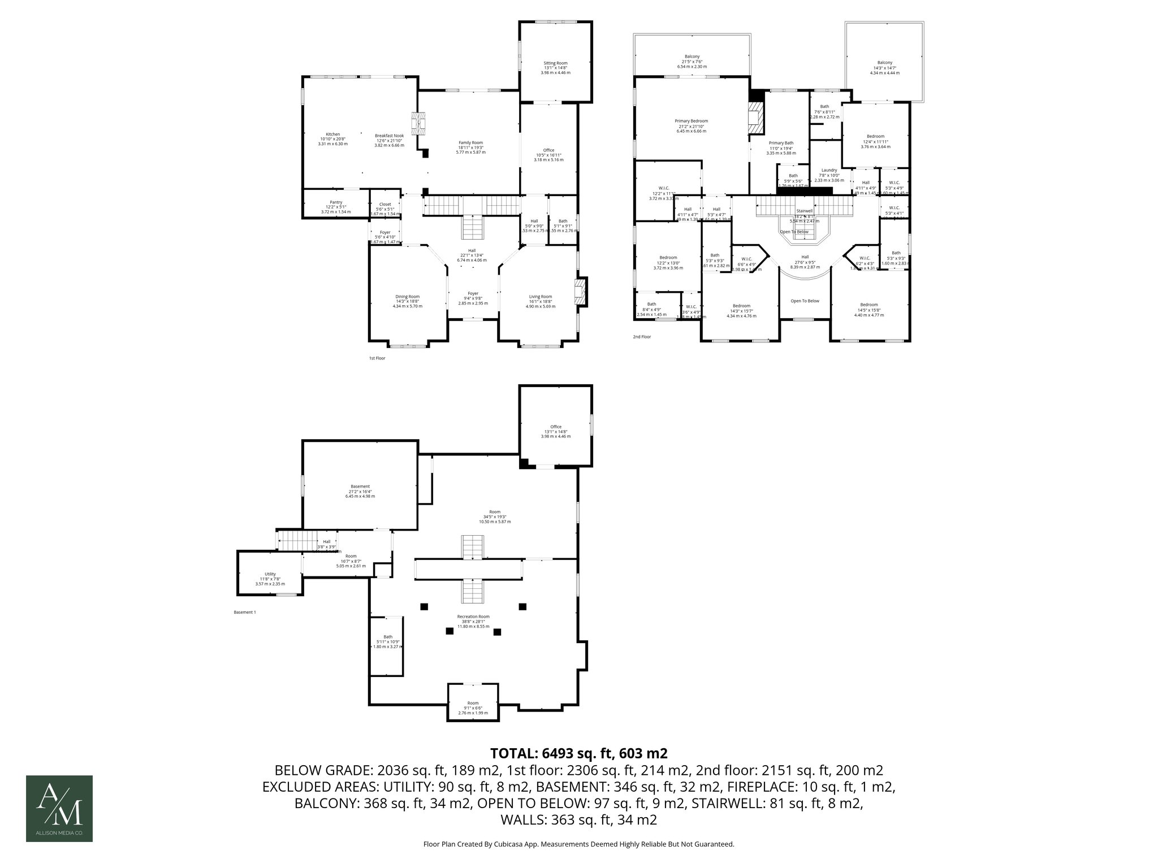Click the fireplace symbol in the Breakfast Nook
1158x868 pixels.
point(418,123)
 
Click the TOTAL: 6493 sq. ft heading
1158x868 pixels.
point(578,753)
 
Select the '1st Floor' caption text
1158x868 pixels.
point(377,358)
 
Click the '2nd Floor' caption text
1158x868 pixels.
point(642,337)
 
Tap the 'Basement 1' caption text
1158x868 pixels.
point(245,612)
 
